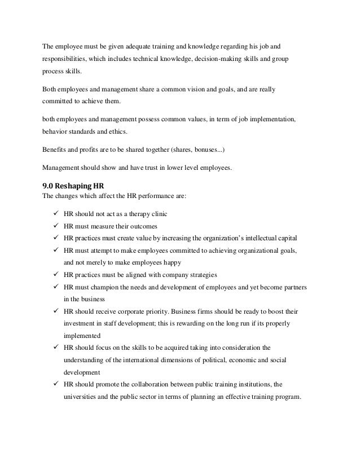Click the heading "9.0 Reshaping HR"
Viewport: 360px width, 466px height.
tap(69, 187)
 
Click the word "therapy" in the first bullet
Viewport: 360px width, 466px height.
tap(130, 214)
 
